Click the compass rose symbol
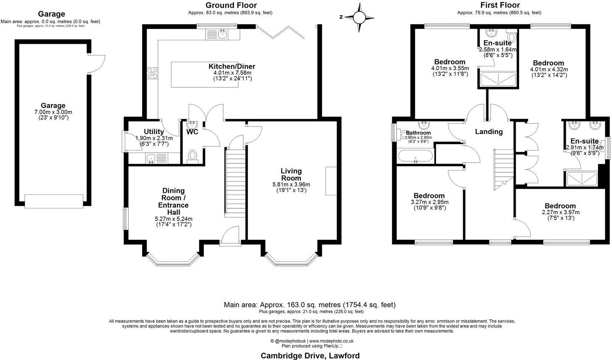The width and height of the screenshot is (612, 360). (359, 18)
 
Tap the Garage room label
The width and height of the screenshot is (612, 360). (53, 105)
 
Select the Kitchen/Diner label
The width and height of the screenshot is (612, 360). (232, 66)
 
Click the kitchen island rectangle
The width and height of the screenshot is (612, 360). (205, 75)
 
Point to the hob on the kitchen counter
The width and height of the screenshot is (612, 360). (153, 74)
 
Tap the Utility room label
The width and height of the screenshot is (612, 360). (154, 131)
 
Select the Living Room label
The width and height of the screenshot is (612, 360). (291, 174)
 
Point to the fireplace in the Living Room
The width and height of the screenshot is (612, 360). (331, 181)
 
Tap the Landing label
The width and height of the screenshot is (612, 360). (489, 131)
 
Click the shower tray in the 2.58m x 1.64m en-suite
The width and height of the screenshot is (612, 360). (498, 79)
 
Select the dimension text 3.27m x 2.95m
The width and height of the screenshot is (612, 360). (430, 202)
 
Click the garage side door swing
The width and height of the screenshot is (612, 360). (97, 64)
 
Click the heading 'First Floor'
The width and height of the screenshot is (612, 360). (500, 5)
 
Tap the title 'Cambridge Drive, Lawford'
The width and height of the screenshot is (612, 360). (310, 356)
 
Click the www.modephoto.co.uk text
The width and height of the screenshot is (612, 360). (331, 341)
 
